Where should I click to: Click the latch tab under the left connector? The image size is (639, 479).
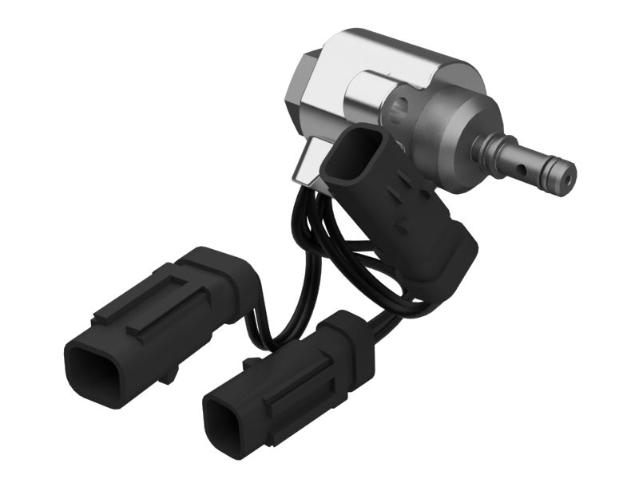coord(167,373)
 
